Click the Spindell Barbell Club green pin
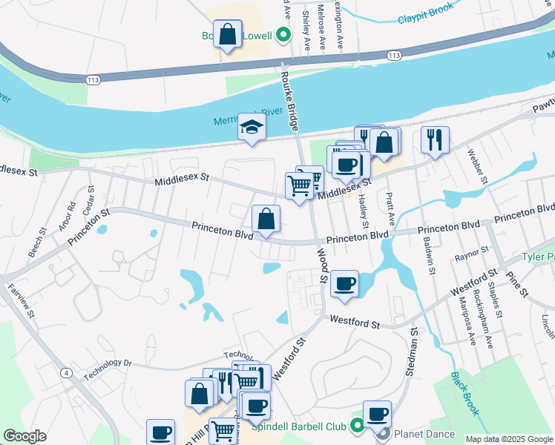click(356, 425)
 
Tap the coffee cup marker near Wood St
click(344, 283)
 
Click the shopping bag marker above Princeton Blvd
click(266, 219)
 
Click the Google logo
click(24, 436)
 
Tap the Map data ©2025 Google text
click(508, 439)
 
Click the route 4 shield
click(67, 372)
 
